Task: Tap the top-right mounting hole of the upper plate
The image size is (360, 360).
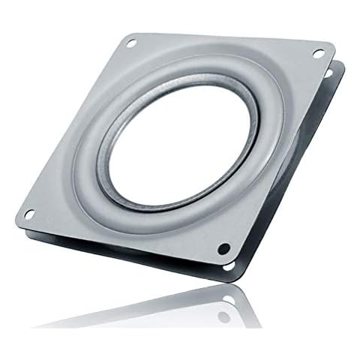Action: click(x=318, y=53)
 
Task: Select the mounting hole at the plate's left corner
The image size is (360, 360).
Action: click(x=28, y=214)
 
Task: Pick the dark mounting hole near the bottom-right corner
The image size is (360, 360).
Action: click(x=223, y=248)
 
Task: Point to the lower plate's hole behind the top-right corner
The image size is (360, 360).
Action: click(x=328, y=73)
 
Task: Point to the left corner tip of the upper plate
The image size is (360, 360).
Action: click(x=16, y=217)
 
